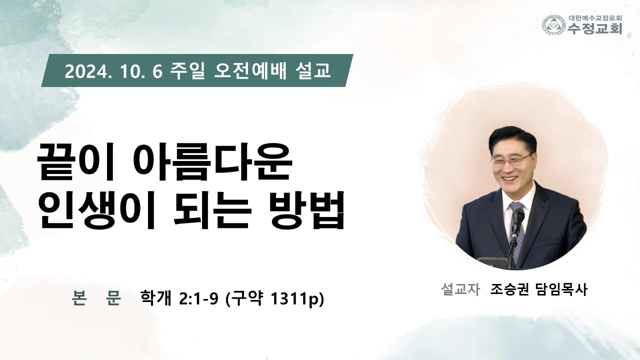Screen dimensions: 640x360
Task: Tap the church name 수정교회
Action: (x=594, y=28)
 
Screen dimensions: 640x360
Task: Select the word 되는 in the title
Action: (x=212, y=210)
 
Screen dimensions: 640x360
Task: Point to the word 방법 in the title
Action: (x=307, y=210)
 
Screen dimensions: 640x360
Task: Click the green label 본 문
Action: (x=96, y=298)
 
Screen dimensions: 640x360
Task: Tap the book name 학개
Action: (x=155, y=298)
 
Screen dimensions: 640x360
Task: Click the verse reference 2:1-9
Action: (x=199, y=299)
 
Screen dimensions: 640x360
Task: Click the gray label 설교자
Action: (x=460, y=289)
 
